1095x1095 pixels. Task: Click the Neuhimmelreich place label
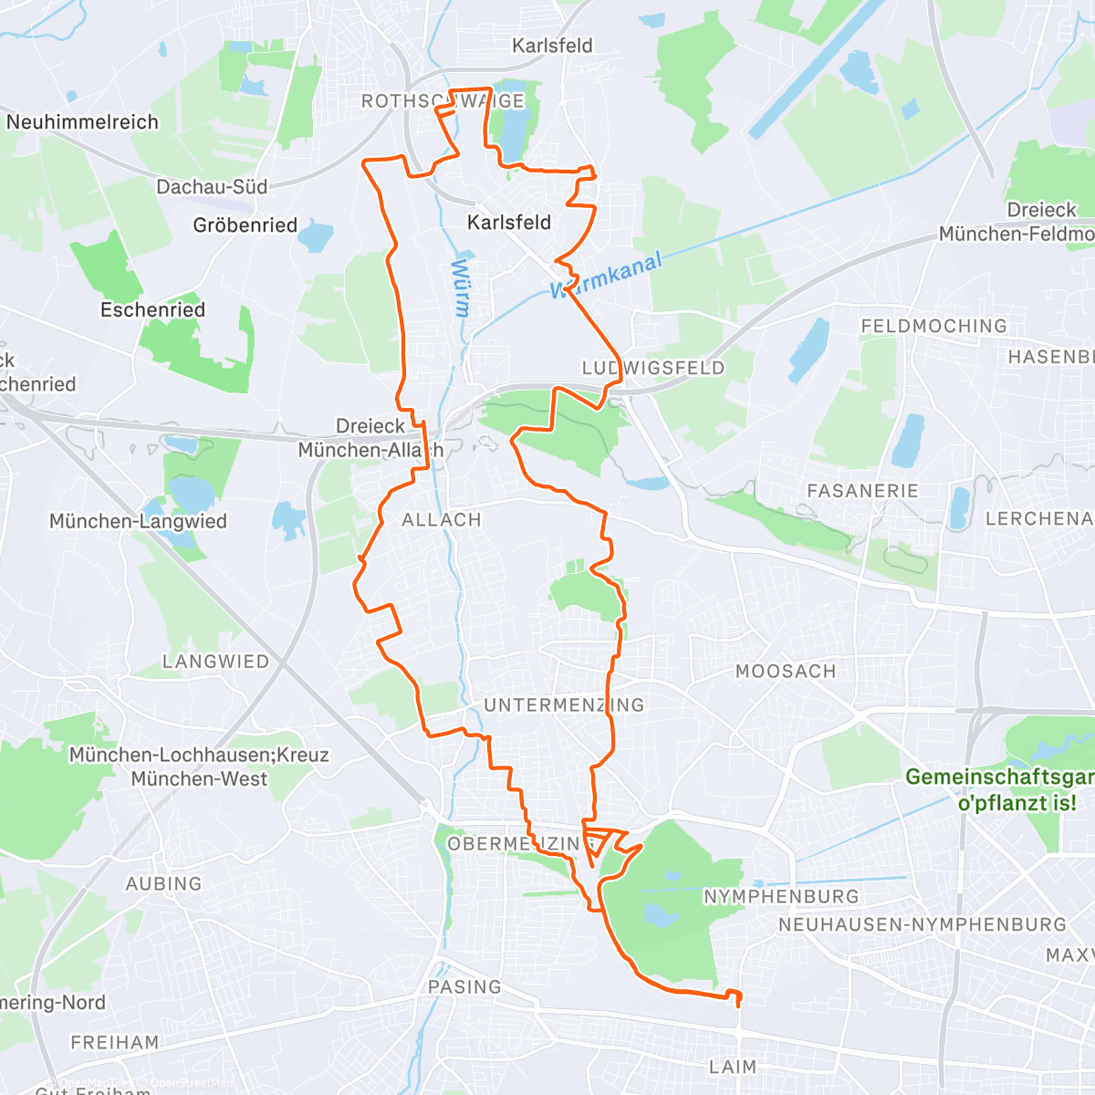pos(82,122)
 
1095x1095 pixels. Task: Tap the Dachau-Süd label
pos(212,187)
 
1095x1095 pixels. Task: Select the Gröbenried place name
pos(245,225)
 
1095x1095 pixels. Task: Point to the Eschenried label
pos(152,310)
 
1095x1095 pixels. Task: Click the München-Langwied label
pos(138,522)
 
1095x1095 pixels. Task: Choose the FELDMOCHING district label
pos(933,326)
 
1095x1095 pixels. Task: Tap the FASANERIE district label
pos(862,491)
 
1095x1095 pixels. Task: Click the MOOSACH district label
pos(786,672)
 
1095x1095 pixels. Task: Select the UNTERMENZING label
pos(564,705)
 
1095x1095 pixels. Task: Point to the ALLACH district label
pos(442,520)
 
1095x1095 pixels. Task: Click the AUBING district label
pos(163,883)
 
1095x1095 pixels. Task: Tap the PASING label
pos(464,987)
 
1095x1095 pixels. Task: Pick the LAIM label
pos(733,1067)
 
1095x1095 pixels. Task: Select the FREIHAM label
pos(115,1042)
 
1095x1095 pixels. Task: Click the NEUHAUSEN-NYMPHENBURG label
pos(922,925)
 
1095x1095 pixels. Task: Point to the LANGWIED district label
pos(215,662)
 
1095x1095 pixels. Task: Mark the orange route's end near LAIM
pos(737,1002)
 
